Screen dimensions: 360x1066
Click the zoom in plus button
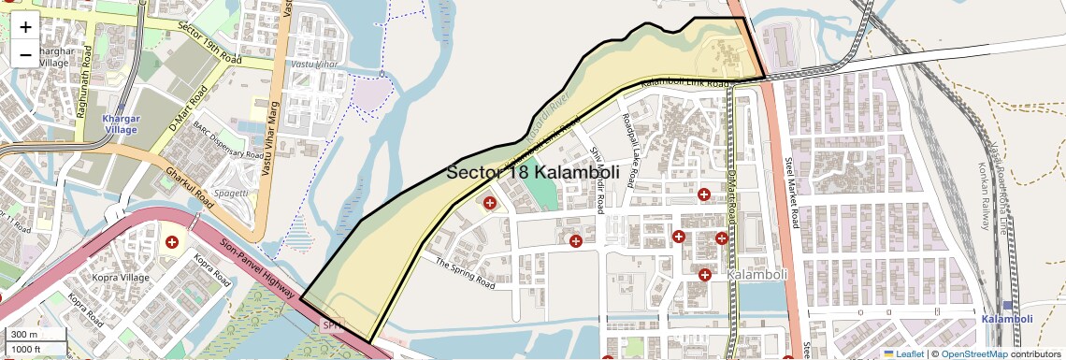[25, 27]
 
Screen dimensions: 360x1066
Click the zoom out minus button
[25, 54]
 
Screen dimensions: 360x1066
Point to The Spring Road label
[465, 271]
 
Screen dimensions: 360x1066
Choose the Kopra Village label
[121, 277]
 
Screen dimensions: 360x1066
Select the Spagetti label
[230, 193]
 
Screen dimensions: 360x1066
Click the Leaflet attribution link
[903, 353]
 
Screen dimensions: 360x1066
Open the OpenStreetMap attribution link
[974, 353]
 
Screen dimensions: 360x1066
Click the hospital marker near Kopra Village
[172, 242]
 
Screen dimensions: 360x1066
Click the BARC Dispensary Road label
[226, 139]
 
